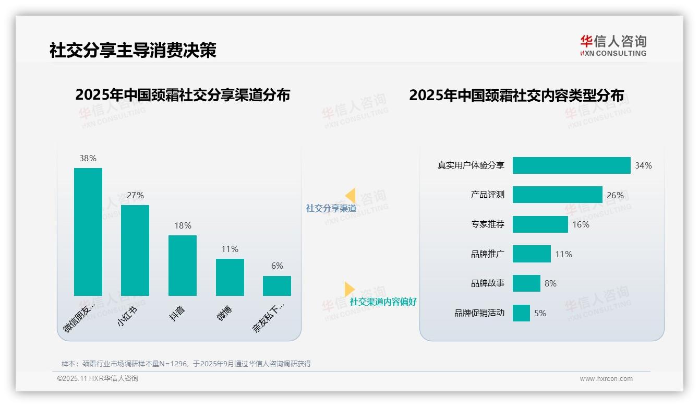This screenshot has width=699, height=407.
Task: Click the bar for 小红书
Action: [135, 250]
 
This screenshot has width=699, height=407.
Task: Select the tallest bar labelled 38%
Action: [88, 232]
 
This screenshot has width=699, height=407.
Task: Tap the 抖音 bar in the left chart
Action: [183, 266]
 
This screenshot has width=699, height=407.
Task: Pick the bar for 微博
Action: [230, 277]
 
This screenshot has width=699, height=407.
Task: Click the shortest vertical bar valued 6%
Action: [277, 286]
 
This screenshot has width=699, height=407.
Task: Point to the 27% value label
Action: [135, 195]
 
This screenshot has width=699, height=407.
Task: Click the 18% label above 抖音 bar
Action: [183, 225]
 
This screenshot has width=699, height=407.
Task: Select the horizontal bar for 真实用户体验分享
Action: [571, 165]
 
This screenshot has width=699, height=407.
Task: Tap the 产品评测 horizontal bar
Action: [557, 195]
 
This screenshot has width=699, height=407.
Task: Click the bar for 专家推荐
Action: [540, 224]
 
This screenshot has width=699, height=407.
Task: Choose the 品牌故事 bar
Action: [526, 283]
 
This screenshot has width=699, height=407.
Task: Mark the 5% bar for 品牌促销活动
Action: [521, 313]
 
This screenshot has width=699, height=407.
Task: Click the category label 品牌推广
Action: [488, 254]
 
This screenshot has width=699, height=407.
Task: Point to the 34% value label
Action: [643, 165]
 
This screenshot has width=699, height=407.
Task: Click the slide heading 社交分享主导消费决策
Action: [132, 51]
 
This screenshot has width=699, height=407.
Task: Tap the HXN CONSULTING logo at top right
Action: [613, 46]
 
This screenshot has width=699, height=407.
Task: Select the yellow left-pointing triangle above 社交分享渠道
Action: [351, 196]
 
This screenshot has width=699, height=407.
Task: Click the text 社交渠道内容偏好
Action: [383, 302]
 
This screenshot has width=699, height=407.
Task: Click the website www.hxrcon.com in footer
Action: [606, 379]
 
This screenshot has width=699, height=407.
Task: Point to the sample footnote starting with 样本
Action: [186, 364]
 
